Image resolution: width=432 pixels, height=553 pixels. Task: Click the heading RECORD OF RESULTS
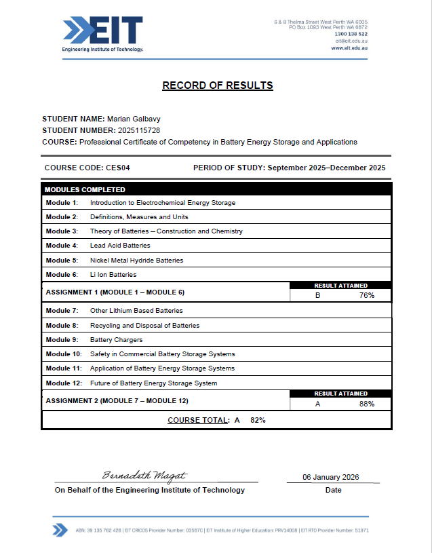tap(217, 85)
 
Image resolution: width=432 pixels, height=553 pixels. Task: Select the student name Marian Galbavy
tap(140, 118)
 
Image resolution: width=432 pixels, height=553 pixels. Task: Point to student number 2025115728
tap(138, 130)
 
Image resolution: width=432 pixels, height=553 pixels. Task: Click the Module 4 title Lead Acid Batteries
tap(120, 246)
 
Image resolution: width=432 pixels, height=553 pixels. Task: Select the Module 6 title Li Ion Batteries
tap(113, 275)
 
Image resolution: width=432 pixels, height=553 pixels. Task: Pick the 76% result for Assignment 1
tap(367, 295)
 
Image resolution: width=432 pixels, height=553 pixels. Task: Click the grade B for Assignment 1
tap(317, 295)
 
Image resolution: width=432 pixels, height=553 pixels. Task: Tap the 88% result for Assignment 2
tap(367, 404)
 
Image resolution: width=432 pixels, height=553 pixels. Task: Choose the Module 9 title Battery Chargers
tap(116, 340)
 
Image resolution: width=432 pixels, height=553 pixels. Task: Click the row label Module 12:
tap(63, 383)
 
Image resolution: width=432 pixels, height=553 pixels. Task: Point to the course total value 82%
tap(258, 420)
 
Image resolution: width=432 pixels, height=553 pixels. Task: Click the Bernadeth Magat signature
tap(144, 476)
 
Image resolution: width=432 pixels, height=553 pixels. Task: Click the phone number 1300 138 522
tap(351, 34)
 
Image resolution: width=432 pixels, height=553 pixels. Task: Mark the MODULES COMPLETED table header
tap(85, 189)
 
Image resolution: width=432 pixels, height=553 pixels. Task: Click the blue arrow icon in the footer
tap(60, 530)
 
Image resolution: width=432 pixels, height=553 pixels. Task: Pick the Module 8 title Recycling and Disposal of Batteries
tap(144, 326)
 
